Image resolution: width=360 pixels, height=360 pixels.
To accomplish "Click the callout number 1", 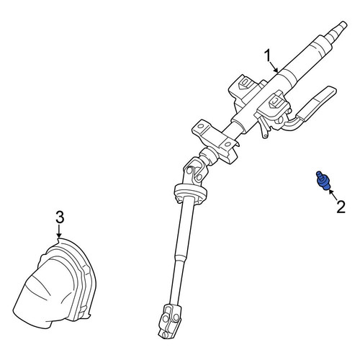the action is point(267,55).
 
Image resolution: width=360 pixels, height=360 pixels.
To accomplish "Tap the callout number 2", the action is point(341,207).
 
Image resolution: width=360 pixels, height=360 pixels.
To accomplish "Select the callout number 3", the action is point(60,217).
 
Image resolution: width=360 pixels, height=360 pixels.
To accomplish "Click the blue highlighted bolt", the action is point(322,180).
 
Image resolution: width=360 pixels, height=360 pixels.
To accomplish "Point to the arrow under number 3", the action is point(59,231).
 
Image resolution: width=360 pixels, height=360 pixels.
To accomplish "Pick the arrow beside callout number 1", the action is point(274,66).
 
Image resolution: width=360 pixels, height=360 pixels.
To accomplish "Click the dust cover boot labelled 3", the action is point(55,283).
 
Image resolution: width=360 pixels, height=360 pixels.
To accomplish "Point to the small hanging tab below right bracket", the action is point(265,130).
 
